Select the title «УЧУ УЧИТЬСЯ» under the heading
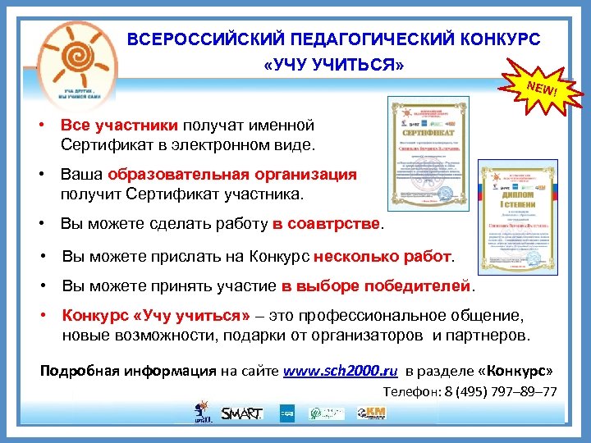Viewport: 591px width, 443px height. click(x=333, y=65)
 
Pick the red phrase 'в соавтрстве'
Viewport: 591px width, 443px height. click(x=327, y=224)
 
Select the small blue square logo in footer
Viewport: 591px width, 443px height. click(x=287, y=413)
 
